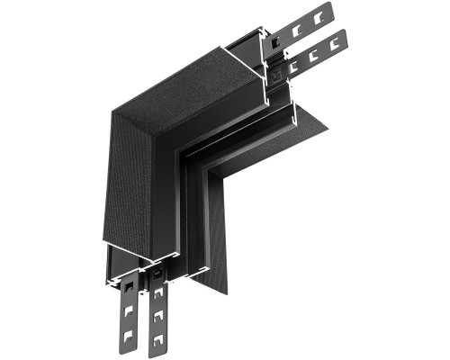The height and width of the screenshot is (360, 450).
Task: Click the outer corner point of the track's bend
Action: pos(110,113)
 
